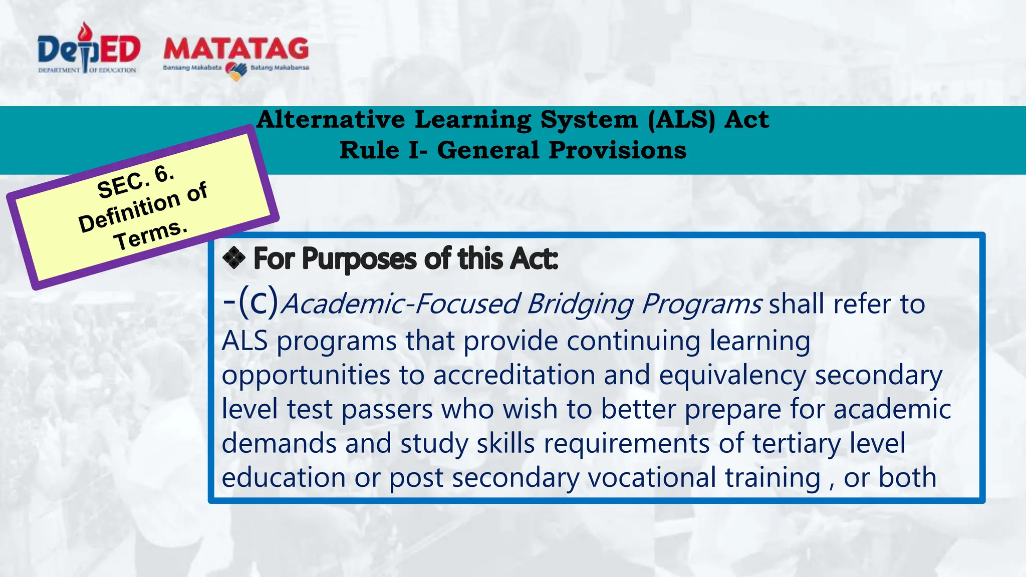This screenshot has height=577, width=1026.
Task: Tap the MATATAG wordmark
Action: pyautogui.click(x=236, y=49)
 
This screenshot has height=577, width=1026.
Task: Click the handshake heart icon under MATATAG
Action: pyautogui.click(x=236, y=71)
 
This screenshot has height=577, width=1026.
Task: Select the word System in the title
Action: pyautogui.click(x=589, y=120)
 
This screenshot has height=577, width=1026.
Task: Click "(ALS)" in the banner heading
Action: pyautogui.click(x=681, y=120)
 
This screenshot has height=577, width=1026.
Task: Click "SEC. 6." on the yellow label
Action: pyautogui.click(x=135, y=182)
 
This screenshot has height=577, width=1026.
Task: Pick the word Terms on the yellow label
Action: pyautogui.click(x=150, y=235)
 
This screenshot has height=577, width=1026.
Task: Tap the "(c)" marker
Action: pyautogui.click(x=258, y=302)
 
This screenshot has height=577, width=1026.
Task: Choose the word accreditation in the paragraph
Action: pyautogui.click(x=514, y=375)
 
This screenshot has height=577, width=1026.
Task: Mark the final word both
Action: pyautogui.click(x=907, y=477)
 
